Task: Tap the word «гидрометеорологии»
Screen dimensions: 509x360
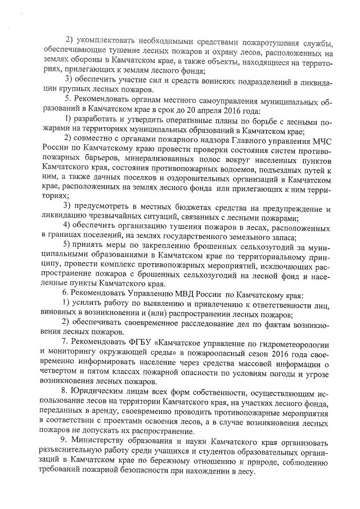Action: pos(294,344)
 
